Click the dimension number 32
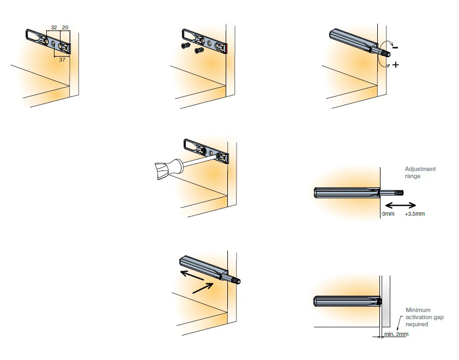54,27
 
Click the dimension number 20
65,27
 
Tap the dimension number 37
62,60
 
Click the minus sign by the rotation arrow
395,47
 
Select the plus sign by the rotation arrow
395,65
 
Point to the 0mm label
388,214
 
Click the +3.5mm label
415,214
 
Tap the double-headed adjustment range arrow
401,205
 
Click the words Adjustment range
420,173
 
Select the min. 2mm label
396,334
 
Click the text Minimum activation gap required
425,317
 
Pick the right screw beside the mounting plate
199,50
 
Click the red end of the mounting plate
227,49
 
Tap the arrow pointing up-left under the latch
192,276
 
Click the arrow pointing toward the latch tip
203,288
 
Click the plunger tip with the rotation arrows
384,52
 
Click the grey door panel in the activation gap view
386,302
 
